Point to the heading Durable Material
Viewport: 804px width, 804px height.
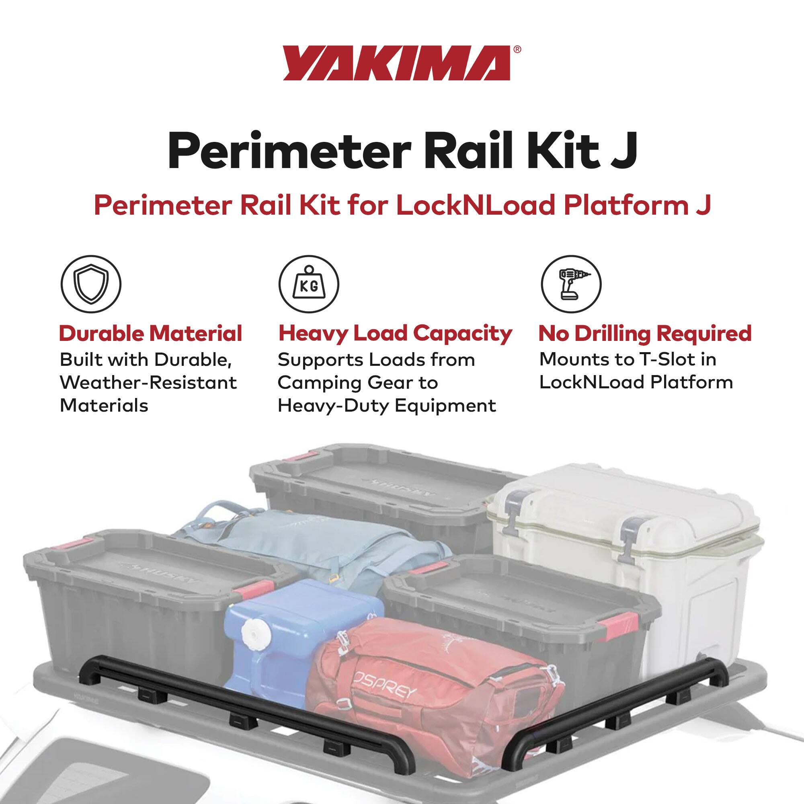(x=150, y=334)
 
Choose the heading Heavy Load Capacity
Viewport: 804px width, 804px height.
(x=395, y=334)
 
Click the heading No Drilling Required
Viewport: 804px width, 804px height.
(x=645, y=334)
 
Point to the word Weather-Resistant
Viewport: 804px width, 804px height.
(x=148, y=382)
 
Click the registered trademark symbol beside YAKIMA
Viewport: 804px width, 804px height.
(x=517, y=49)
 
